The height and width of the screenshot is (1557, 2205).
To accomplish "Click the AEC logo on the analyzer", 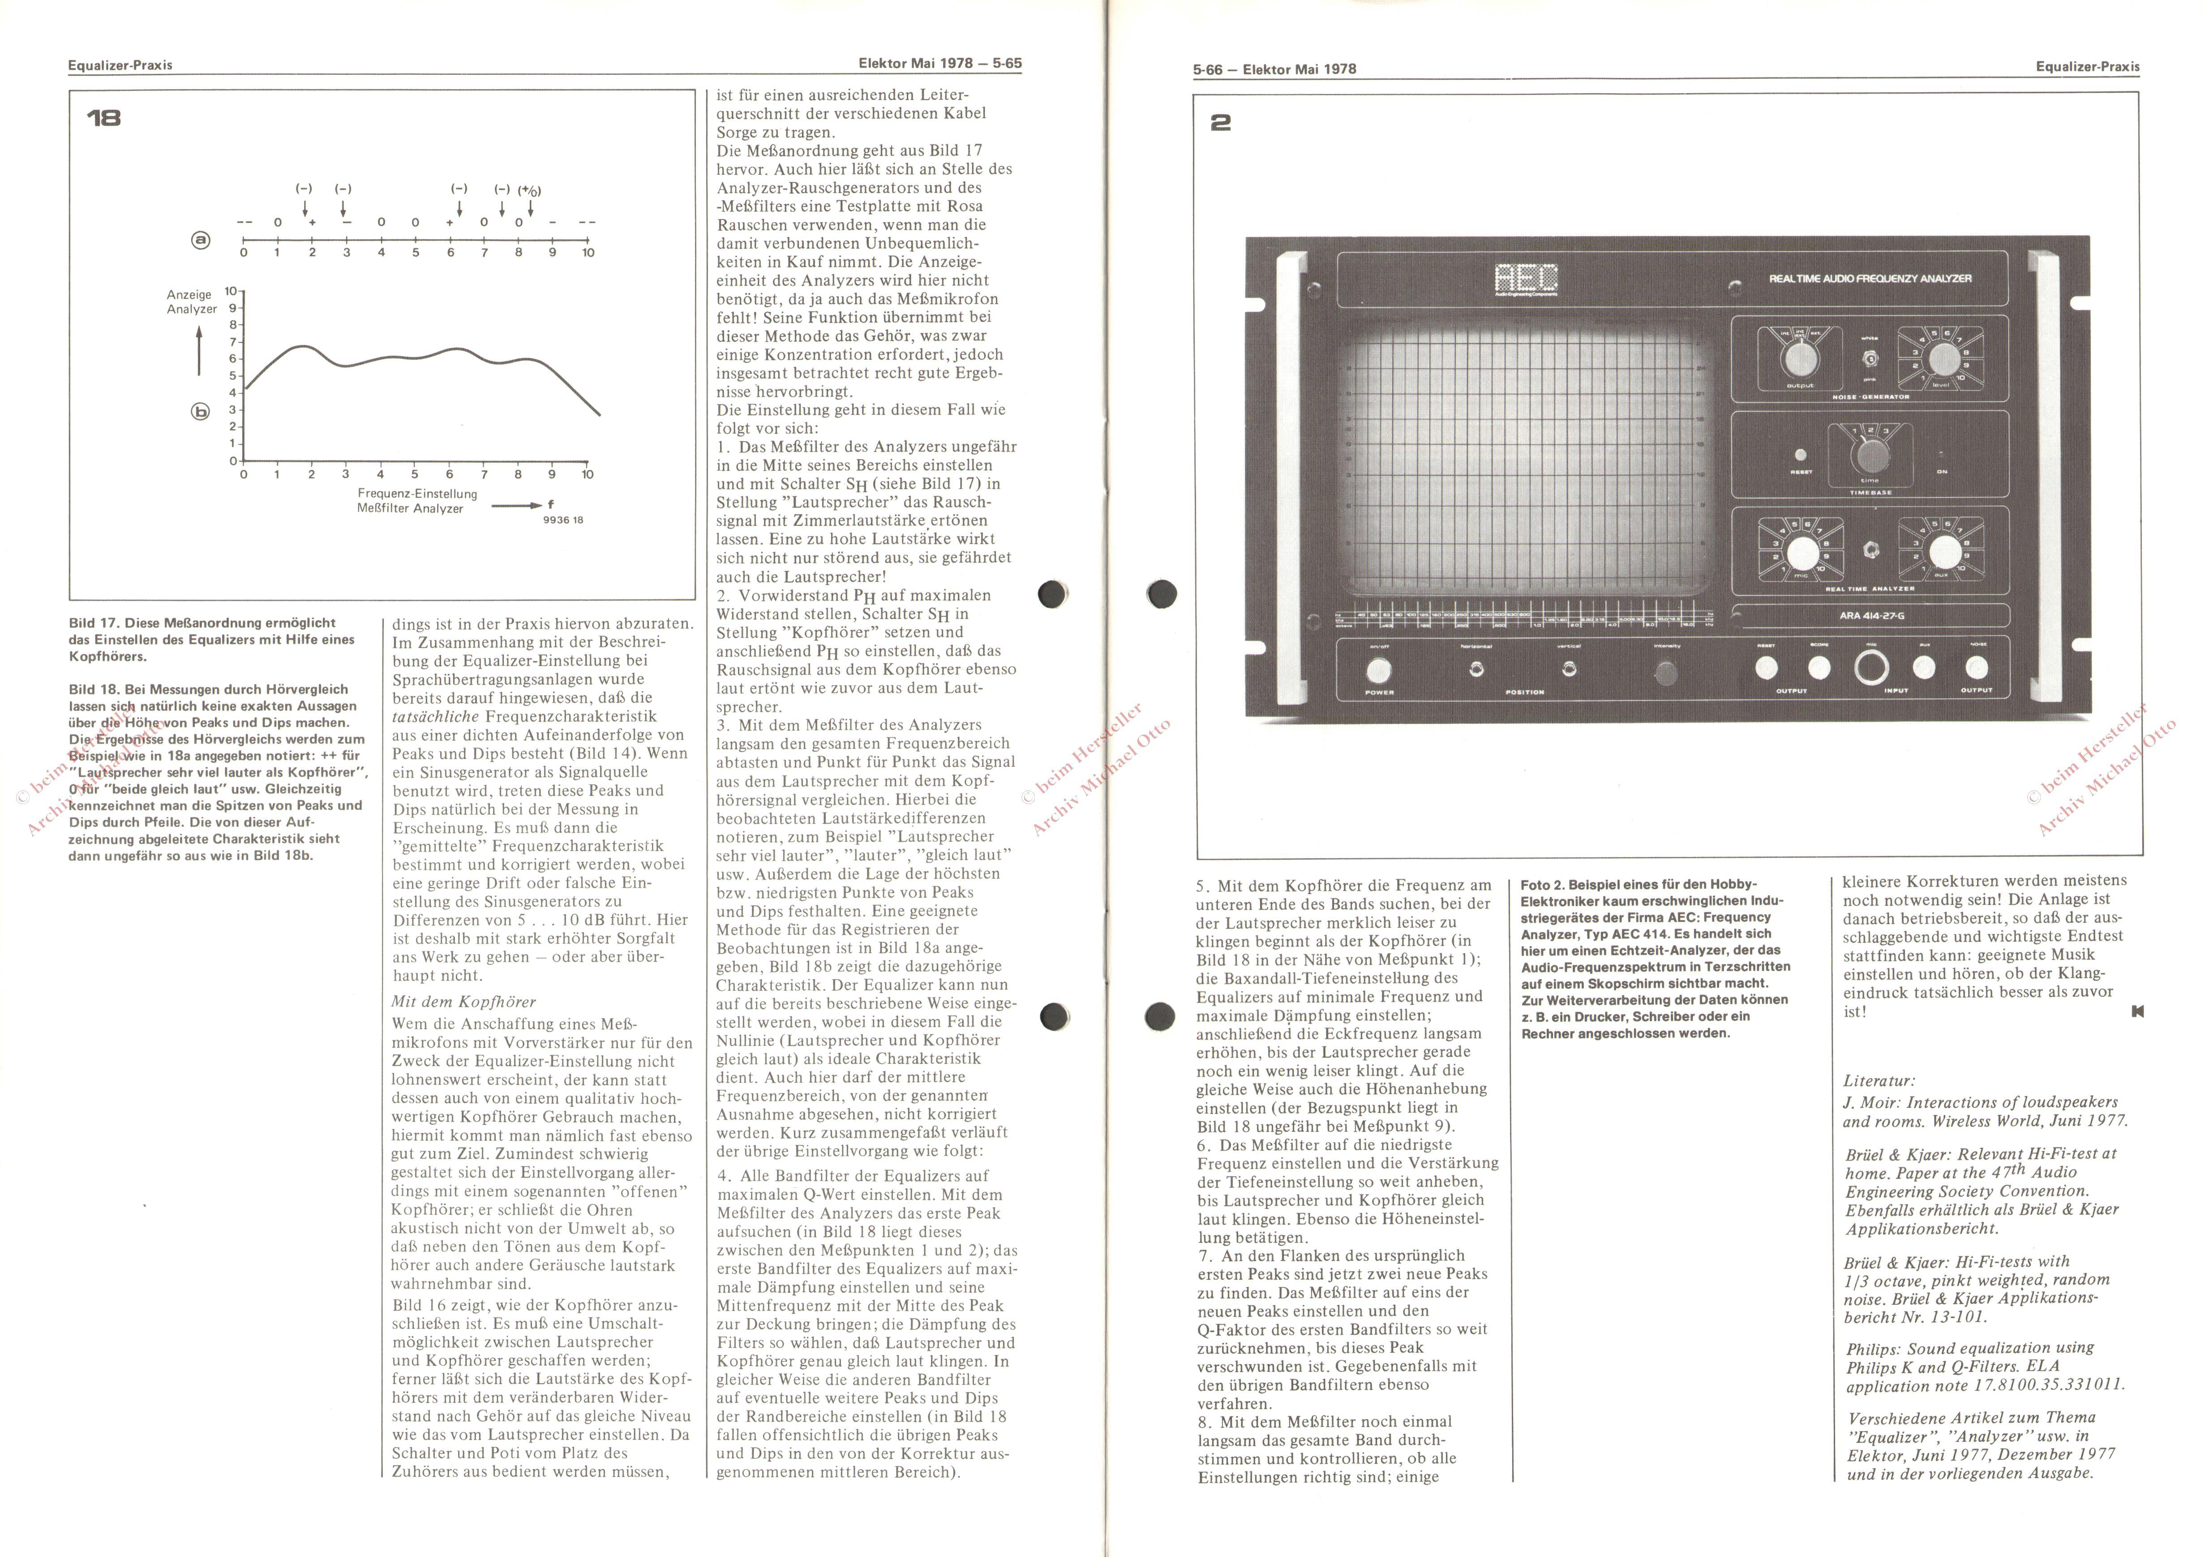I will click(1526, 280).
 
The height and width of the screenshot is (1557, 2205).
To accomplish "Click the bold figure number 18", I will click(104, 118).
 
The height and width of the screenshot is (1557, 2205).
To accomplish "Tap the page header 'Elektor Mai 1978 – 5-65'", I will click(939, 64).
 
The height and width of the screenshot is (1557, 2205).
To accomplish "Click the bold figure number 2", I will click(1221, 123).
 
